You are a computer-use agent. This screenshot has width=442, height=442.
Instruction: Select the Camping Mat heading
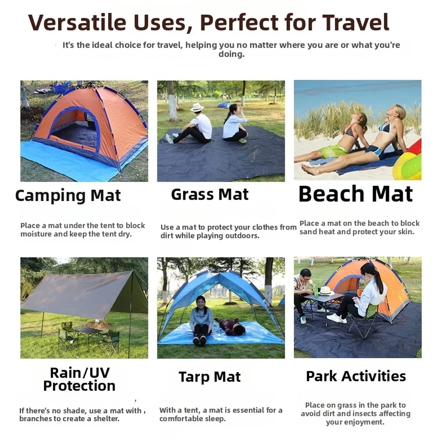pos(68,196)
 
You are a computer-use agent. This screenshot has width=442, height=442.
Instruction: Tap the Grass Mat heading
pos(210,195)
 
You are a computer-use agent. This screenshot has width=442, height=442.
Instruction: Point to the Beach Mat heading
pos(355,194)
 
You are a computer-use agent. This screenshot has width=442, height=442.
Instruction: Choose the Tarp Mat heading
pos(210,377)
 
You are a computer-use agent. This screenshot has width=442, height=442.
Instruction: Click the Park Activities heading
pos(356,376)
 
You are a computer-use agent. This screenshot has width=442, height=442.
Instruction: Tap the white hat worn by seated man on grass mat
pos(197,107)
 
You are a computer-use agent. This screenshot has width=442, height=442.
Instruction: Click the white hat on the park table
pos(326,290)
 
